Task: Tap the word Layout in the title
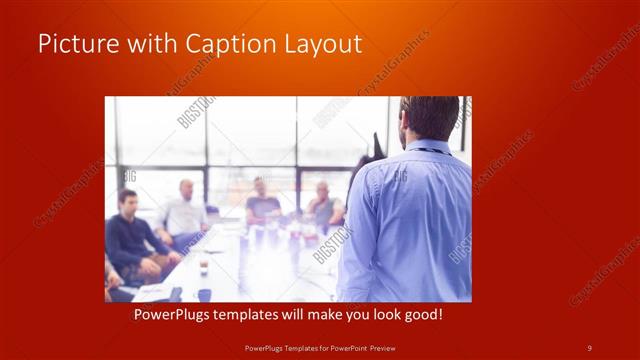(320, 44)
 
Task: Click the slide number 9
(589, 347)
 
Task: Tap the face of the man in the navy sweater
(127, 201)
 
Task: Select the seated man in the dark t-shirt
(261, 200)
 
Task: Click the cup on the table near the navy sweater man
(203, 265)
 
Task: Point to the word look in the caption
(395, 314)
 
